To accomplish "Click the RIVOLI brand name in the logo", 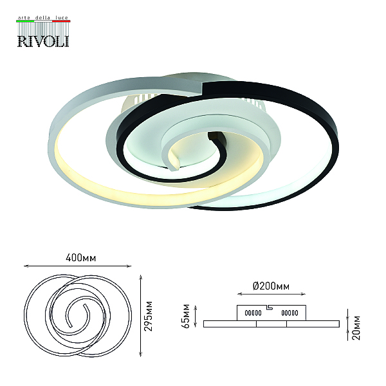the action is (x=43, y=41).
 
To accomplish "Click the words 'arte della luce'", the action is (x=43, y=18).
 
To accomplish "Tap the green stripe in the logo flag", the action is (x=25, y=21).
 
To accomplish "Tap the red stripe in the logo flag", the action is (x=61, y=21).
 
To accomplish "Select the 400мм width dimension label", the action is (x=81, y=258).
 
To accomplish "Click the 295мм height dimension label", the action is (x=149, y=316).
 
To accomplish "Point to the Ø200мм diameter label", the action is (x=271, y=286).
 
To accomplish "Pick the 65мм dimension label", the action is (x=185, y=316).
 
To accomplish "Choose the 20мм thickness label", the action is (x=356, y=328).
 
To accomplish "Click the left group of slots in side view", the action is (x=253, y=313).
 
